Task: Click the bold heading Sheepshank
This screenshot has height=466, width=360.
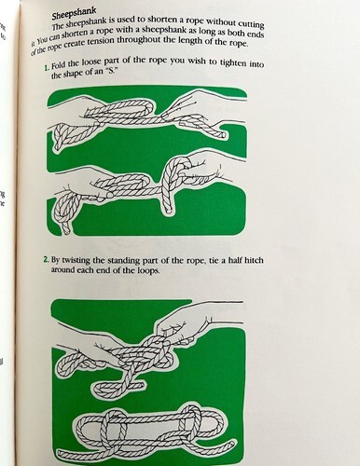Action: [74, 14]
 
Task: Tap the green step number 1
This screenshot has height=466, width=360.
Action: [47, 67]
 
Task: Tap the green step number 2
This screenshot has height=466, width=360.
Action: [47, 259]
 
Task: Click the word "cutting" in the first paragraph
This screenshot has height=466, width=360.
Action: [251, 23]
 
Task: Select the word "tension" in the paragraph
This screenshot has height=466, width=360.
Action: [100, 41]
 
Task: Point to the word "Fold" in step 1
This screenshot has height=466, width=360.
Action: [59, 66]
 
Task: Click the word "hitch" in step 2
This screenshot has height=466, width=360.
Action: [254, 260]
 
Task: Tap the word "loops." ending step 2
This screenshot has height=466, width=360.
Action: [148, 270]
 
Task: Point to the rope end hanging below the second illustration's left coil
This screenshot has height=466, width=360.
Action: [66, 229]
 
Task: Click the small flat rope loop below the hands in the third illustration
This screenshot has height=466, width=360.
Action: [118, 387]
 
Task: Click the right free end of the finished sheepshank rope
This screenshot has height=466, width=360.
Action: [232, 445]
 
